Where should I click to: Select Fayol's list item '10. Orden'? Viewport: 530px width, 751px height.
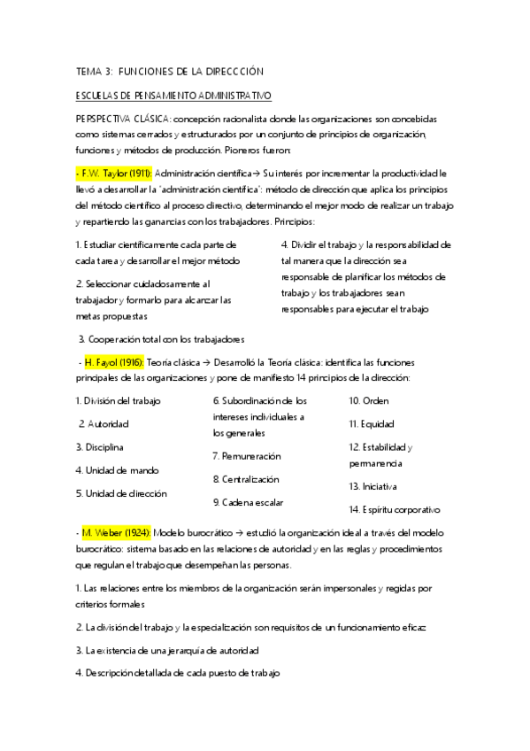tap(370, 400)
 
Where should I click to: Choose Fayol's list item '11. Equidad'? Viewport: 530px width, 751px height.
tap(372, 424)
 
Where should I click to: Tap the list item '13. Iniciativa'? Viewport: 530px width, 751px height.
tap(373, 486)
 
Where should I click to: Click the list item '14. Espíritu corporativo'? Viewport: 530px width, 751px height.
tap(395, 509)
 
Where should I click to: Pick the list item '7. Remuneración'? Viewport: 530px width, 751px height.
tap(247, 456)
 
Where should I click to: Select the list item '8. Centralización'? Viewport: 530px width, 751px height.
tap(246, 479)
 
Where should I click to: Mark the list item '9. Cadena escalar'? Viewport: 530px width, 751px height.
tap(248, 502)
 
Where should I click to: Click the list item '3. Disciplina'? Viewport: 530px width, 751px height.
tap(100, 447)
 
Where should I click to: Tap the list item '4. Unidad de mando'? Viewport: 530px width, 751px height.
tap(118, 470)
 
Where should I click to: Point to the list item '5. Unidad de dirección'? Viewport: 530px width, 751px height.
tap(121, 493)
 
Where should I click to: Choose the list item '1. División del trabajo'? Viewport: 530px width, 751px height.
tap(119, 401)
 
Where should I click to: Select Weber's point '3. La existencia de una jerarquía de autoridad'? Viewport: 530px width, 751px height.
tap(167, 650)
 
